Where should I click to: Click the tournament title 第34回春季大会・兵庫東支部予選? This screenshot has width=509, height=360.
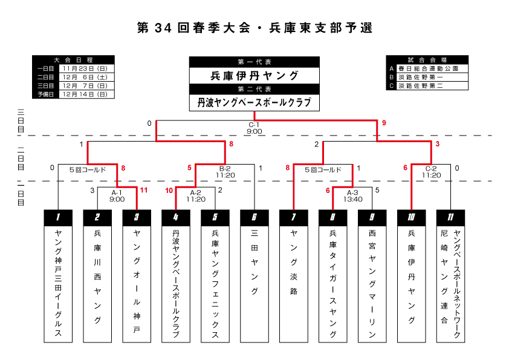[x=254, y=28]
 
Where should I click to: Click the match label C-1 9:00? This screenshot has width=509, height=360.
[x=254, y=128]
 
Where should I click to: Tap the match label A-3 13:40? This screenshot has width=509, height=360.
[x=353, y=194]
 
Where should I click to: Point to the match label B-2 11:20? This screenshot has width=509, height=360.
[x=225, y=171]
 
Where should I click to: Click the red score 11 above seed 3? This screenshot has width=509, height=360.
[x=143, y=190]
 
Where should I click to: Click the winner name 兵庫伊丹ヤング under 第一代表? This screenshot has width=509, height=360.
[x=254, y=76]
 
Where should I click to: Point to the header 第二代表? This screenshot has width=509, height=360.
[x=254, y=90]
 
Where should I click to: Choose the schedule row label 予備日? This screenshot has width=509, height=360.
[x=45, y=94]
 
